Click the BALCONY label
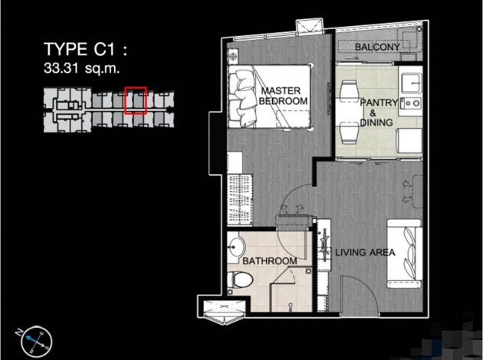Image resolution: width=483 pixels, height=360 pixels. pyautogui.click(x=377, y=47)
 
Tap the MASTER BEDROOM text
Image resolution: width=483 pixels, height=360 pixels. pyautogui.click(x=283, y=96)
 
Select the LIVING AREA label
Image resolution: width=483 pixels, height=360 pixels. pyautogui.click(x=365, y=253)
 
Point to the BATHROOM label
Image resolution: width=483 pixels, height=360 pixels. pyautogui.click(x=270, y=261)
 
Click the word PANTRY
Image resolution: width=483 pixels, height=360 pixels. pyautogui.click(x=379, y=103)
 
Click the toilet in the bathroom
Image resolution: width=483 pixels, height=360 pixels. pyautogui.click(x=240, y=280)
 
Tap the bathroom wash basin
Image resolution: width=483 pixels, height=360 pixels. pyautogui.click(x=236, y=247)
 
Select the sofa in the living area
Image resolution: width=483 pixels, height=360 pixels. pyautogui.click(x=404, y=254)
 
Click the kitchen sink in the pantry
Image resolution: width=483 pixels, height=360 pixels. pyautogui.click(x=412, y=83)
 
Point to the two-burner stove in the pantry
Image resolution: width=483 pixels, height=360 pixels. pyautogui.click(x=411, y=103)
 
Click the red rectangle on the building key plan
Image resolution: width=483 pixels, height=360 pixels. pyautogui.click(x=135, y=100)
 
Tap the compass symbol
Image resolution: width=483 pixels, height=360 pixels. pyautogui.click(x=36, y=341)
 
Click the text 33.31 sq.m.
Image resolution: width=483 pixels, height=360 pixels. pyautogui.click(x=81, y=68)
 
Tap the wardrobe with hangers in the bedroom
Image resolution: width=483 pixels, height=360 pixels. pyautogui.click(x=240, y=200)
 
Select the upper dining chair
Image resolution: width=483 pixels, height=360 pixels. pyautogui.click(x=349, y=89)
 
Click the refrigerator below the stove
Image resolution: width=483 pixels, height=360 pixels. pyautogui.click(x=409, y=141)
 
